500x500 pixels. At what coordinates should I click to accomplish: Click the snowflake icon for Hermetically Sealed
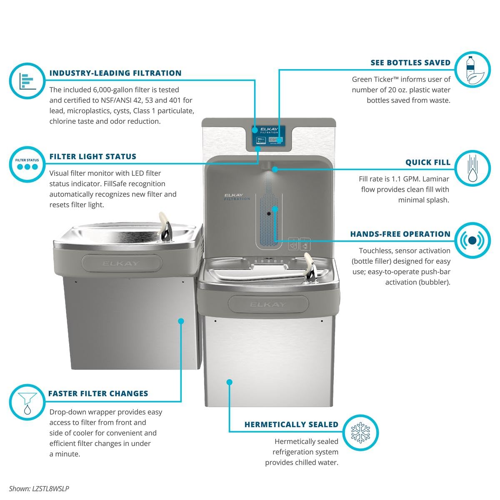pyautogui.click(x=360, y=432)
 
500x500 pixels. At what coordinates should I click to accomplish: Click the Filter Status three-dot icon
pyautogui.click(x=27, y=166)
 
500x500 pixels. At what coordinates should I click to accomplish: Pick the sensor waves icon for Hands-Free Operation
pyautogui.click(x=472, y=240)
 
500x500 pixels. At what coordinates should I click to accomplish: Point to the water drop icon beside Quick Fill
pyautogui.click(x=472, y=168)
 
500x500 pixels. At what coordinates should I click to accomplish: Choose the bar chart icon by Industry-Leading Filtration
pyautogui.click(x=27, y=81)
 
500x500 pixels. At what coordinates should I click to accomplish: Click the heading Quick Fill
pyautogui.click(x=428, y=162)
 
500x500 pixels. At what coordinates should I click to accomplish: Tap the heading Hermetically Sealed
pyautogui.click(x=291, y=425)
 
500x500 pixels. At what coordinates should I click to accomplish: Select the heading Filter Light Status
pyautogui.click(x=93, y=157)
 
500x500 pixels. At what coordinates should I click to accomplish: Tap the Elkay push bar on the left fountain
pyautogui.click(x=122, y=263)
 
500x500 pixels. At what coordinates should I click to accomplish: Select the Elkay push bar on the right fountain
pyautogui.click(x=268, y=304)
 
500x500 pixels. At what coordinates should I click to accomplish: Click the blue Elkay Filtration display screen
pyautogui.click(x=268, y=136)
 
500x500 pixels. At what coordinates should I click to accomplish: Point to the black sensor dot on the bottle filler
pyautogui.click(x=269, y=214)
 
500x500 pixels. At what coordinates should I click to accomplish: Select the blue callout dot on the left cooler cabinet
pyautogui.click(x=181, y=321)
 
